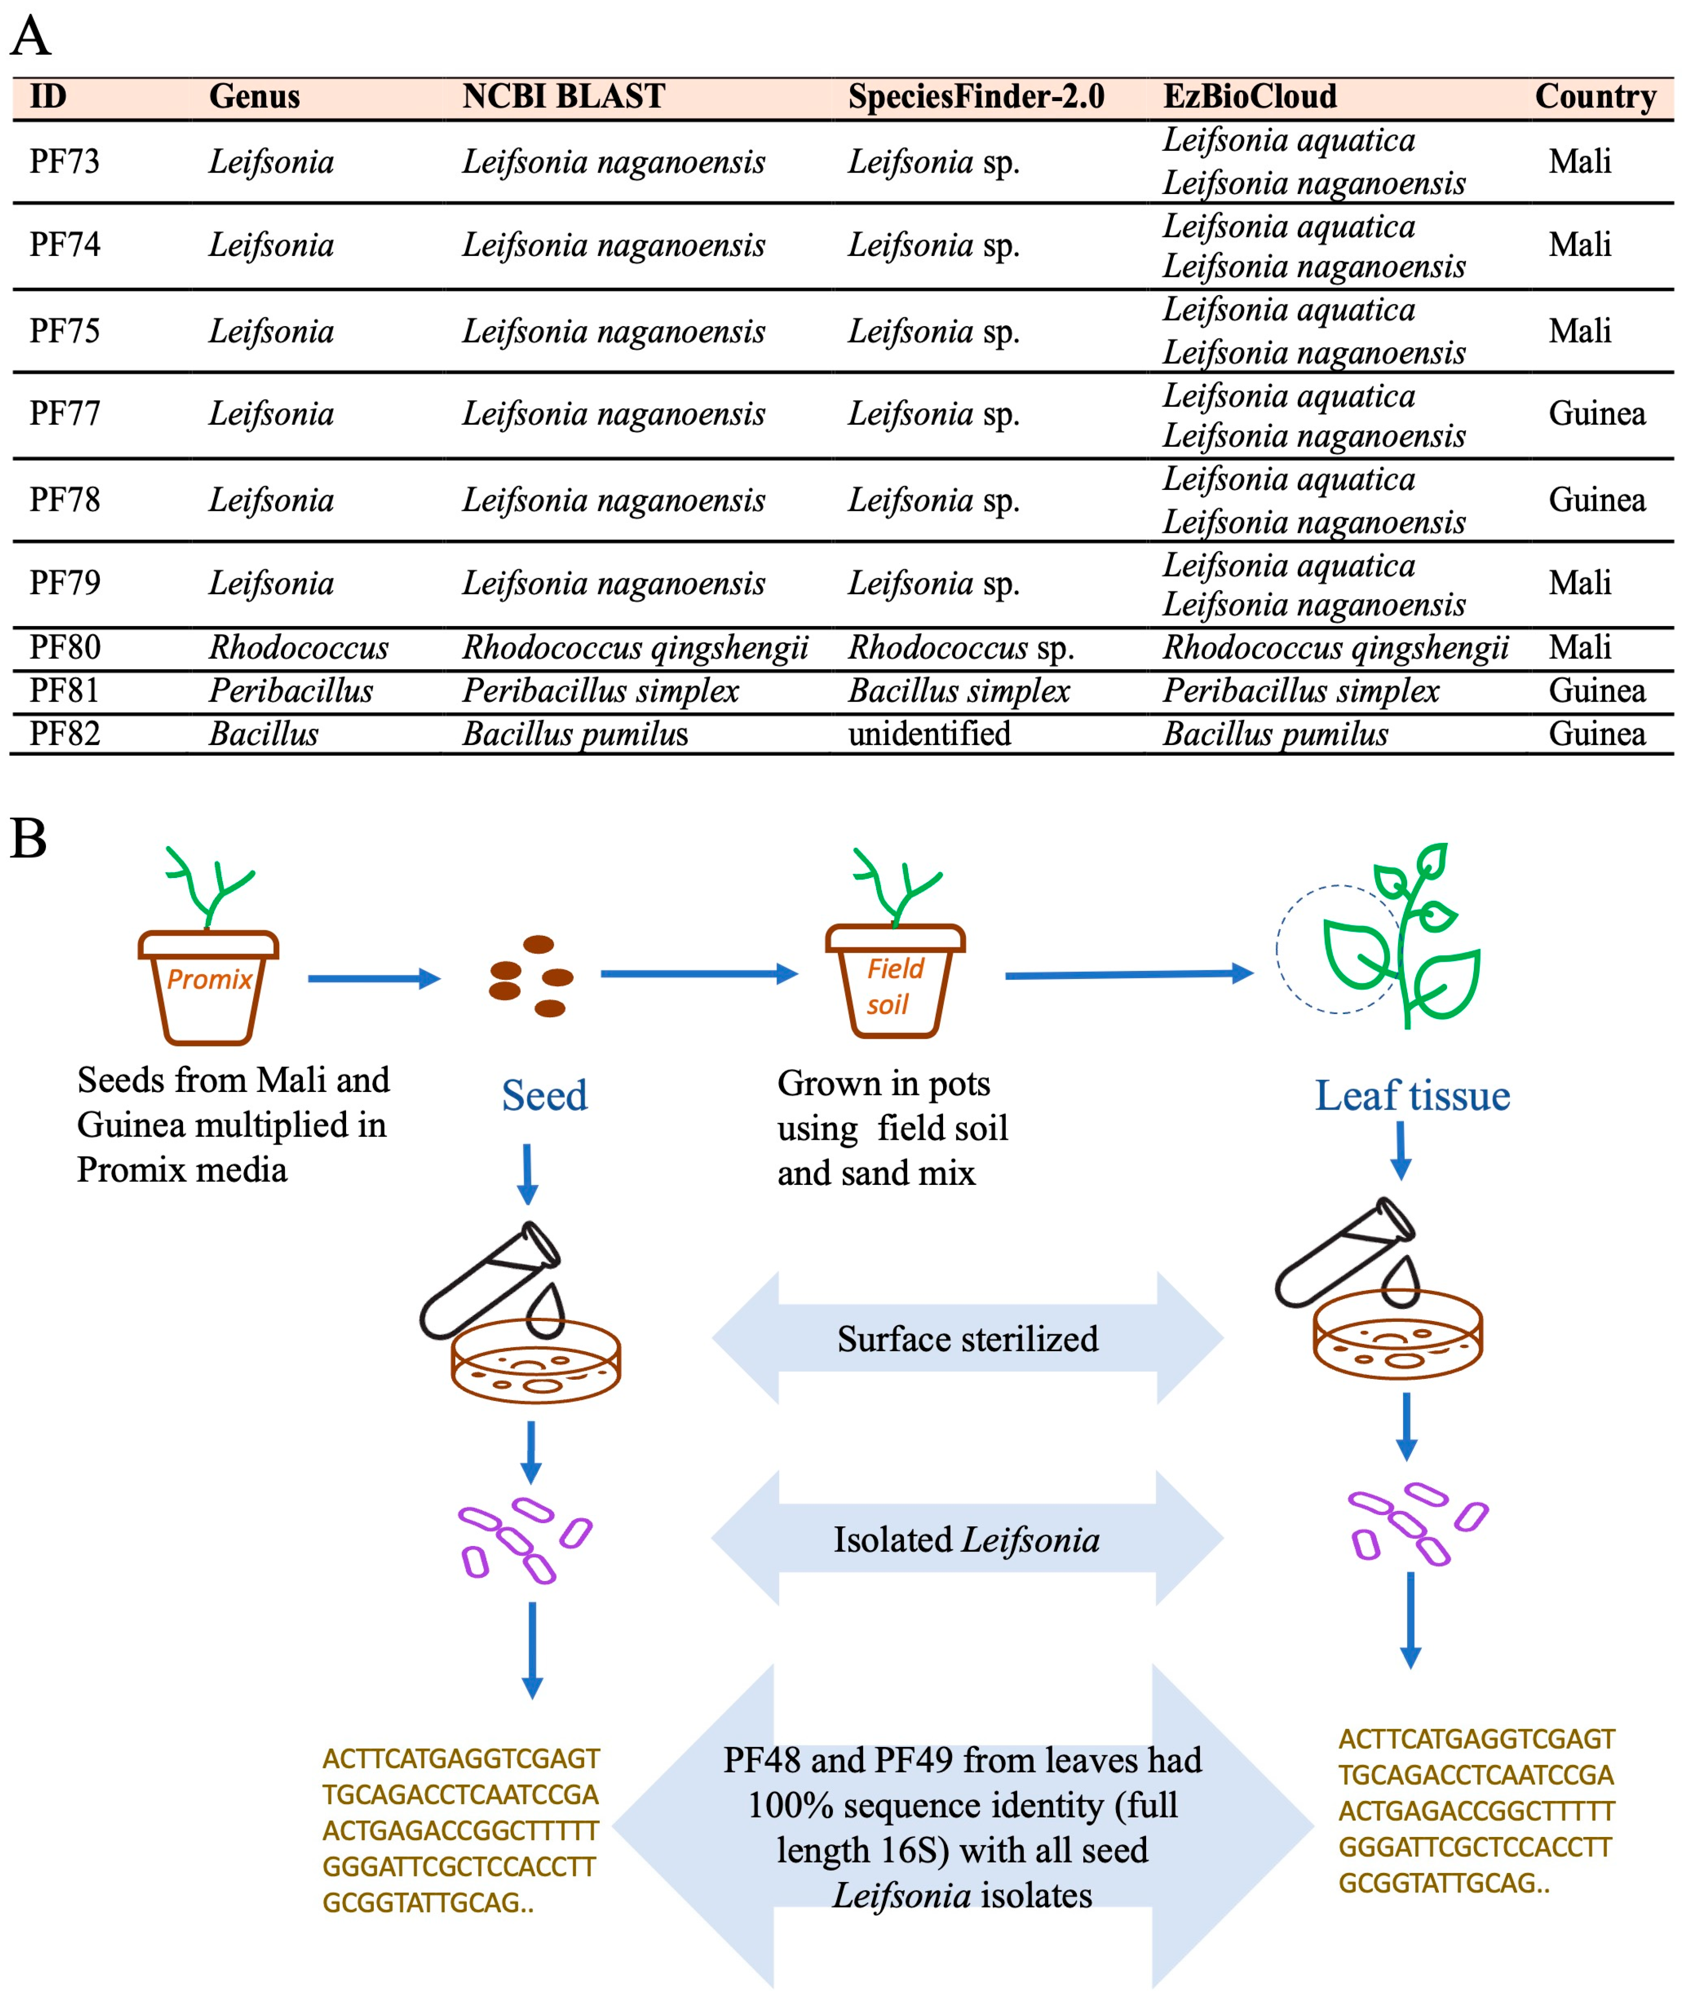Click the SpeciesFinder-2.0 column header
pos(976,97)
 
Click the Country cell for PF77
pos(1596,413)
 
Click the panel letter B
pos(29,838)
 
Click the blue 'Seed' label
pos(544,1095)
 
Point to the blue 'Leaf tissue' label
pos(1412,1095)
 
